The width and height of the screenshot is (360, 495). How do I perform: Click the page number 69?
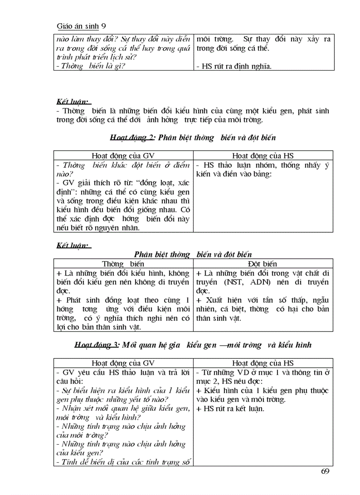[326, 472]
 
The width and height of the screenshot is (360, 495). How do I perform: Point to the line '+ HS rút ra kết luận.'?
[230, 409]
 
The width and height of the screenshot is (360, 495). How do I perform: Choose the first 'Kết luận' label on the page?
[73, 101]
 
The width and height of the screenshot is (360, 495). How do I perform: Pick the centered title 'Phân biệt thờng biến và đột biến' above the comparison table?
[193, 254]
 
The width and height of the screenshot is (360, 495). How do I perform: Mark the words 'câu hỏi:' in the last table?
[70, 381]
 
